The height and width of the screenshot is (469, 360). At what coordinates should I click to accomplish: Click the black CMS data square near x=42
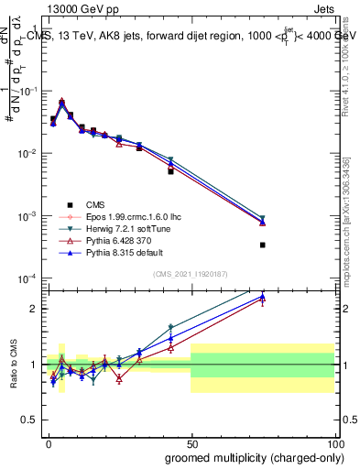coord(170,171)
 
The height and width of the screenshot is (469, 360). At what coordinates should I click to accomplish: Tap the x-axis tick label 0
coord(48,442)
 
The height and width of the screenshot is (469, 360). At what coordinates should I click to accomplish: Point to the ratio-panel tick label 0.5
coord(31,420)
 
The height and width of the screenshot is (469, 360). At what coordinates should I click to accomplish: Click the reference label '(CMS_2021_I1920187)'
coord(190,274)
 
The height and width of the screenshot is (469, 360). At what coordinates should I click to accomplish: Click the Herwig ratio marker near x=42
coord(170,327)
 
